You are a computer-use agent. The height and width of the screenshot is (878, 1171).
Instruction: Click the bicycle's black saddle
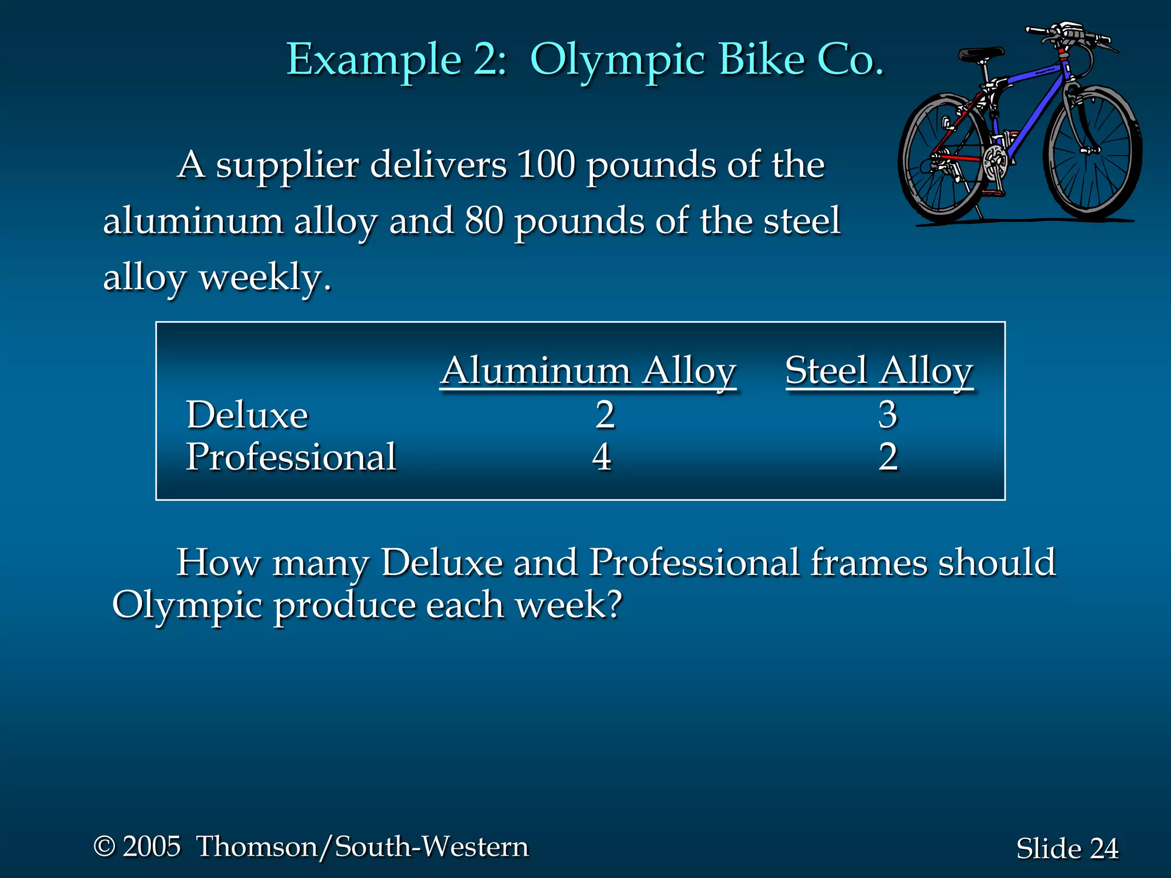click(981, 55)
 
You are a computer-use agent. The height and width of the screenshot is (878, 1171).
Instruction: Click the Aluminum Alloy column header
click(588, 371)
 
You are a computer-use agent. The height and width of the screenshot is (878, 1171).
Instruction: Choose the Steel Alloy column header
click(879, 371)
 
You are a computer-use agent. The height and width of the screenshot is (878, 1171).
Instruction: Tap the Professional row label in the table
click(291, 457)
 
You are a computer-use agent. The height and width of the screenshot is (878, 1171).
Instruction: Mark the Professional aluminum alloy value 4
click(602, 457)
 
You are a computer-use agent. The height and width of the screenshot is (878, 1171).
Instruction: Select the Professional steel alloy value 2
click(888, 457)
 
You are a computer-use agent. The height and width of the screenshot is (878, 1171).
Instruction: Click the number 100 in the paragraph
click(545, 165)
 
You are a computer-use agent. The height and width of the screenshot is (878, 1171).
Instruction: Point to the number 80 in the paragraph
click(484, 221)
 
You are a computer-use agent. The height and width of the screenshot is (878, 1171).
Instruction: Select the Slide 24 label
click(1067, 848)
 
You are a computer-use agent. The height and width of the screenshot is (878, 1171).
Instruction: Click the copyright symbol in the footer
click(105, 846)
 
